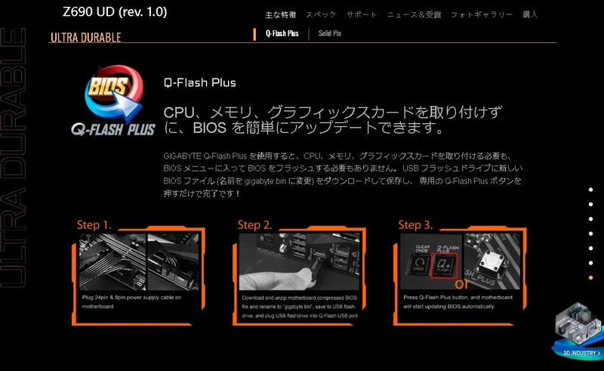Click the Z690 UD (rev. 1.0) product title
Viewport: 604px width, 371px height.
[115, 12]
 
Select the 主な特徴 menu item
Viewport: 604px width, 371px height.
[280, 15]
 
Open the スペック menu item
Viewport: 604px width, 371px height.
[321, 15]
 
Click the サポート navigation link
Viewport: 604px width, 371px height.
[362, 15]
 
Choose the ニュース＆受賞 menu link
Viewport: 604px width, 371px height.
[413, 15]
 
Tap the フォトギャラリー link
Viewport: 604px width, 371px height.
[481, 15]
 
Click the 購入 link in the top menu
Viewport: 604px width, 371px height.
[530, 15]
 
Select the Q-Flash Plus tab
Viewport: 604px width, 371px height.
[282, 34]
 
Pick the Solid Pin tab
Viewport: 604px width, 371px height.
[330, 34]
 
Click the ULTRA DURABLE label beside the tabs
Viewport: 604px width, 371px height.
[85, 38]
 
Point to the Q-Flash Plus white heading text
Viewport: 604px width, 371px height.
[199, 83]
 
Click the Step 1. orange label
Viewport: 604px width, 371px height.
[94, 224]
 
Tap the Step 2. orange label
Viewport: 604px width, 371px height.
[254, 224]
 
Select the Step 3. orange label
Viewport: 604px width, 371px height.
[415, 224]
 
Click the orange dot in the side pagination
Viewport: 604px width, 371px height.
[590, 277]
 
